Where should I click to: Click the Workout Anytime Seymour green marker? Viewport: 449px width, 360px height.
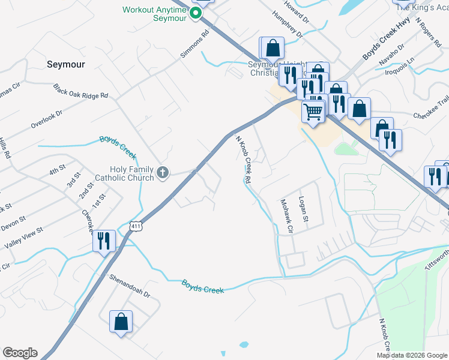click(x=196, y=13)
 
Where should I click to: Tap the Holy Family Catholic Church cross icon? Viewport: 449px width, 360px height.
click(x=162, y=173)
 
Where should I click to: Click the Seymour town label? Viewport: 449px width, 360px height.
click(x=66, y=64)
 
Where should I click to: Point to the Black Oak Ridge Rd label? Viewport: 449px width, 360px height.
click(x=80, y=92)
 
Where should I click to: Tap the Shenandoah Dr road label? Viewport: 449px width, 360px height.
click(x=130, y=287)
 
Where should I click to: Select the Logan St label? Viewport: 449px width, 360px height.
click(x=304, y=209)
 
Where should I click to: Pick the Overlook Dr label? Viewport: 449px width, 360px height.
click(x=47, y=119)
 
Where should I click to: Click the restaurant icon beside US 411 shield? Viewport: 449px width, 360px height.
click(x=104, y=241)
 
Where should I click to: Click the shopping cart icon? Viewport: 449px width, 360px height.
click(x=313, y=111)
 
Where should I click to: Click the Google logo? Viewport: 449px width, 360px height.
click(x=20, y=353)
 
